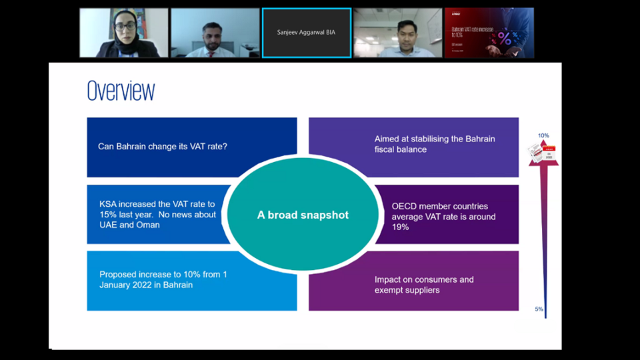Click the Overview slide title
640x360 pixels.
click(x=121, y=91)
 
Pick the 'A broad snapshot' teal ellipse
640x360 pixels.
click(x=303, y=215)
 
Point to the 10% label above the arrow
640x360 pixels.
click(x=543, y=136)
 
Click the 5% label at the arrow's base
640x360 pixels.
click(x=539, y=309)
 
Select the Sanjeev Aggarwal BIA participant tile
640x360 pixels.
click(x=306, y=33)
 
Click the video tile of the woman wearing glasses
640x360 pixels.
click(x=124, y=33)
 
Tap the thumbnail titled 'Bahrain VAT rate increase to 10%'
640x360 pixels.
click(x=489, y=33)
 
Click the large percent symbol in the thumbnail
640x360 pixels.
click(x=505, y=39)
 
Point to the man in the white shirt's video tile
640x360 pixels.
click(x=397, y=33)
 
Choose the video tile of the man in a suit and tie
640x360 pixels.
click(x=215, y=33)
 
